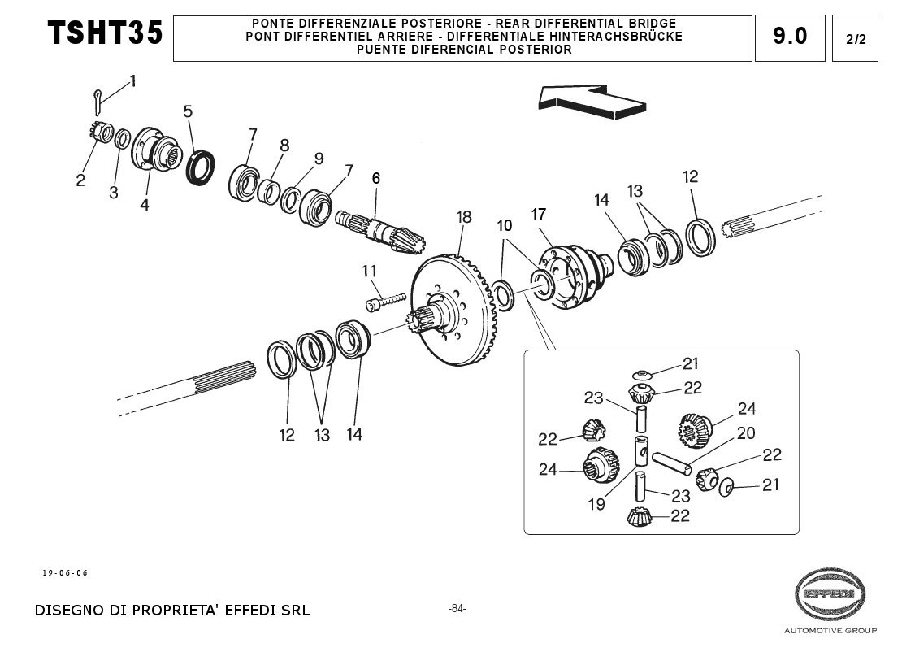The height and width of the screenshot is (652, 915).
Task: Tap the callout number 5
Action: [x=188, y=111]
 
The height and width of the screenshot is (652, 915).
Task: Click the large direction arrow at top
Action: [x=591, y=100]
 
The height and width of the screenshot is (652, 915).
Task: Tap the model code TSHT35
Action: [x=106, y=34]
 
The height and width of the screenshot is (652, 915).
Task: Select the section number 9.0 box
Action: [x=790, y=37]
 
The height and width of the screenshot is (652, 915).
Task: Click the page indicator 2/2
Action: [x=855, y=39]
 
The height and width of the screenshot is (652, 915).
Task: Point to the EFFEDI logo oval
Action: [x=829, y=594]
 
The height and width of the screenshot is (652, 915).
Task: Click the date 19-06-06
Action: [x=65, y=573]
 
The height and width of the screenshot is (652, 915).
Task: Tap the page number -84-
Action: [x=457, y=608]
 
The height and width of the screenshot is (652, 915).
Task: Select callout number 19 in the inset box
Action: [x=596, y=505]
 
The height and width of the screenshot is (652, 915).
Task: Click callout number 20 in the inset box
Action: [x=745, y=434]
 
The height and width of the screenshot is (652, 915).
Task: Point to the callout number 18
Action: [x=463, y=217]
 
